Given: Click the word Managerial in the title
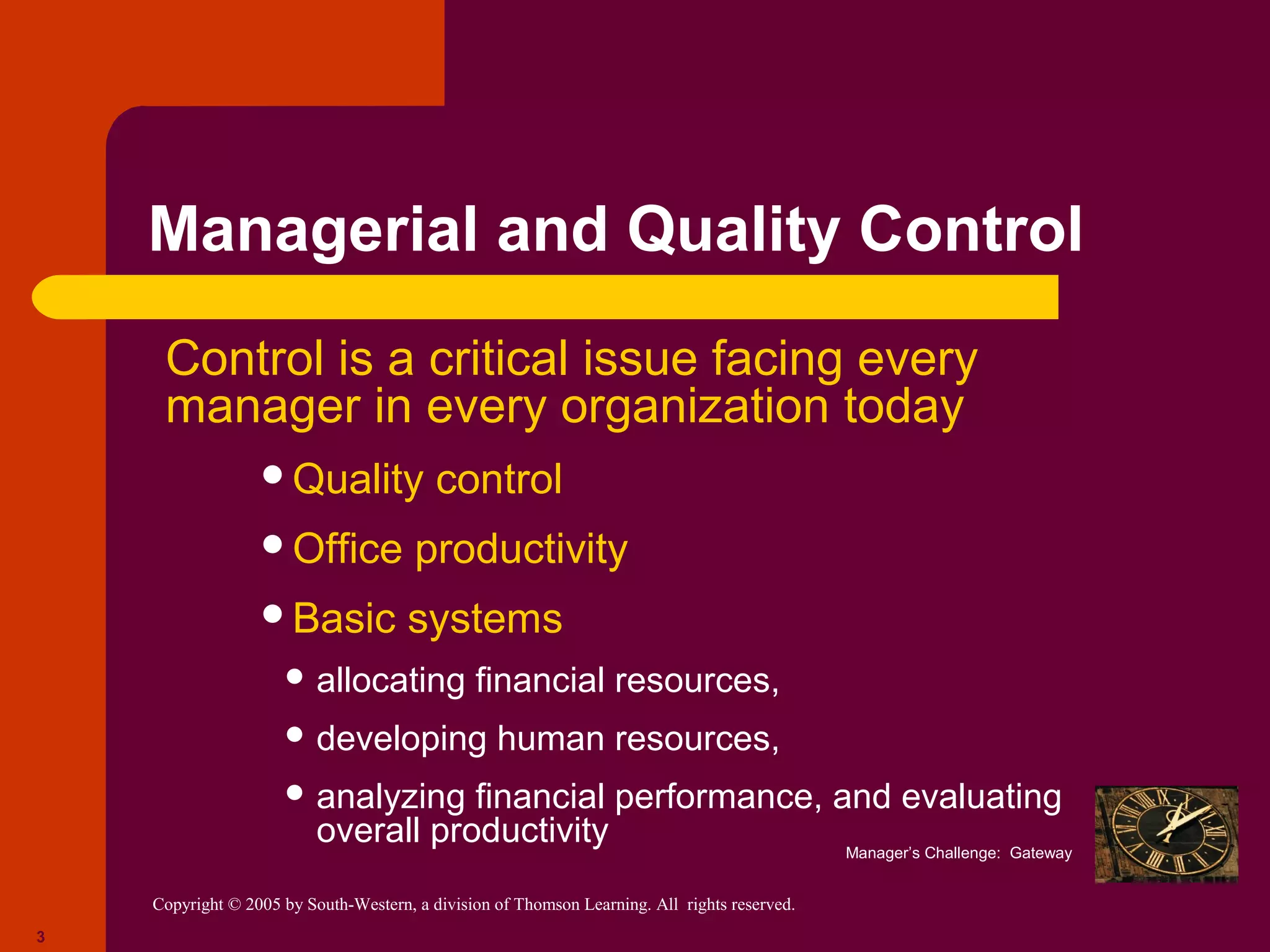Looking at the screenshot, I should pyautogui.click(x=313, y=230).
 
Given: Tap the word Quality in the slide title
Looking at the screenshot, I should pyautogui.click(x=733, y=230).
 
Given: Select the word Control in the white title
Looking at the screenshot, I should pyautogui.click(x=970, y=230).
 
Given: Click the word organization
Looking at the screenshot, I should pyautogui.click(x=695, y=407).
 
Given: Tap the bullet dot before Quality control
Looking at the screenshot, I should pyautogui.click(x=273, y=475).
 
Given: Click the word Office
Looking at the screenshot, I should pyautogui.click(x=347, y=549).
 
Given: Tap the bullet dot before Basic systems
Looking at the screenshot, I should pyautogui.click(x=273, y=614).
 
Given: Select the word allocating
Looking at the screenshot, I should pyautogui.click(x=390, y=681).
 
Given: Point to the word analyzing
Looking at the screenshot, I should pyautogui.click(x=390, y=798).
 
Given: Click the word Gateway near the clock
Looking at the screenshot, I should pyautogui.click(x=1040, y=853).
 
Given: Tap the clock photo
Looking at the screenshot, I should pyautogui.click(x=1166, y=834).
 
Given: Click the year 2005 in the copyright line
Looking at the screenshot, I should pyautogui.click(x=263, y=904).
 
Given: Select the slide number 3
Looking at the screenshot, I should pyautogui.click(x=41, y=937).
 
